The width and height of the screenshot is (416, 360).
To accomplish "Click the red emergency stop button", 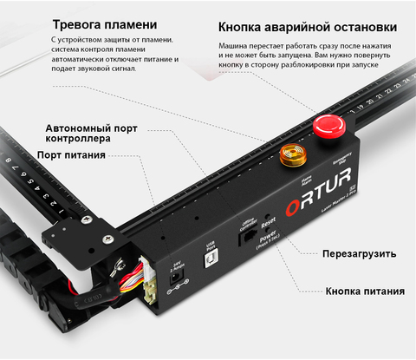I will click(327, 125).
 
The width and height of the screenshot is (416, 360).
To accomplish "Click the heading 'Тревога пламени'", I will click(105, 24).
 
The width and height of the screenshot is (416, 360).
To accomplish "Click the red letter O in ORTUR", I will click(292, 205).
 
